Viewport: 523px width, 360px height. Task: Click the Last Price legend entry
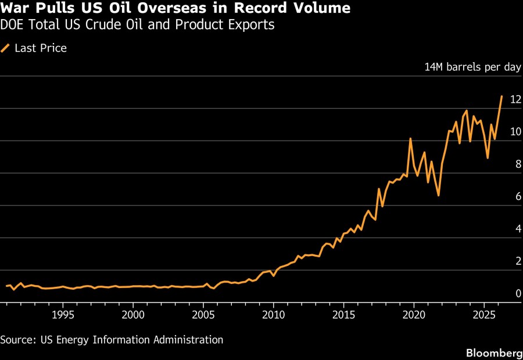coord(41,48)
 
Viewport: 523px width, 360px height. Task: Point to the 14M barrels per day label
coord(473,67)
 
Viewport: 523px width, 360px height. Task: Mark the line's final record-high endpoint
coord(501,96)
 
